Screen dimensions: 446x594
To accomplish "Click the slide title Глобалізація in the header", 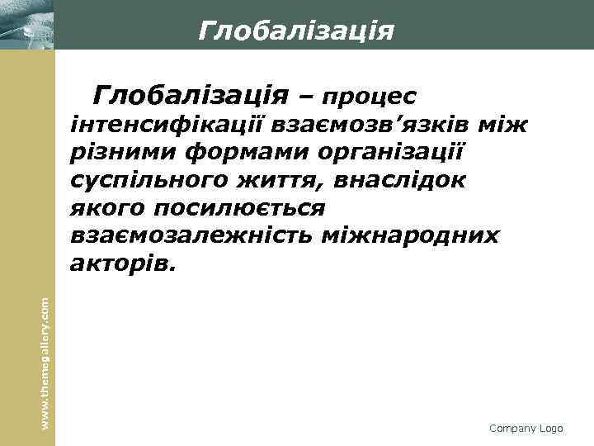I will (296, 31).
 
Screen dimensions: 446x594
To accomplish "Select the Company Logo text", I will (526, 429).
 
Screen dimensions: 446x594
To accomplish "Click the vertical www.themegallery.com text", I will (46, 353).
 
